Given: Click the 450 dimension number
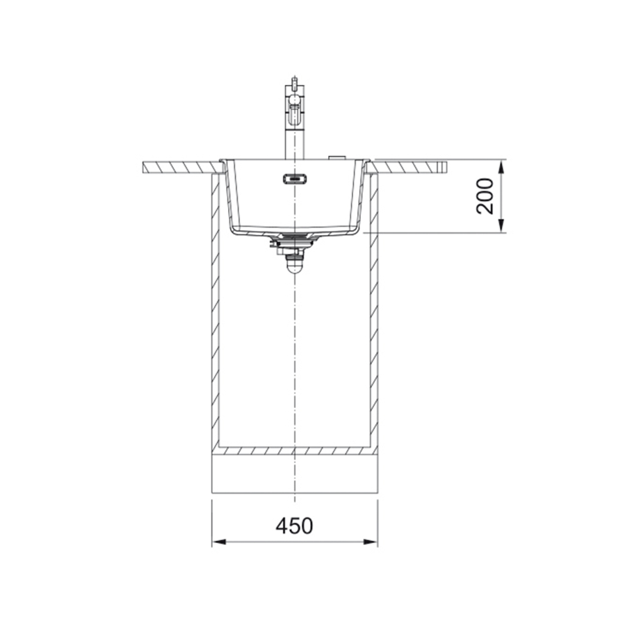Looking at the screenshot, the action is point(294,526).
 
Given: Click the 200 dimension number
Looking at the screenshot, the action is point(485,196).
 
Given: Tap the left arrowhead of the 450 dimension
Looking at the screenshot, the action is point(219,542).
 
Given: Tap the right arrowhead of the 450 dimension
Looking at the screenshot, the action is point(371,542).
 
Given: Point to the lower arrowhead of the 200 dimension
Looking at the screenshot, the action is point(501,226).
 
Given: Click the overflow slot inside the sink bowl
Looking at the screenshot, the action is point(295,179).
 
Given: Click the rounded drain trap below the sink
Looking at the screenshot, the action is point(294,264).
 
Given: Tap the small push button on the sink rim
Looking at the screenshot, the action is point(337,157).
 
